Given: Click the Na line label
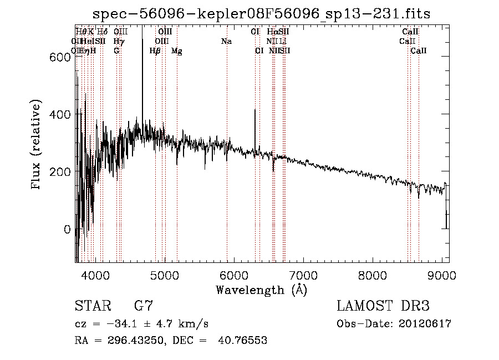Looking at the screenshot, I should (226, 42).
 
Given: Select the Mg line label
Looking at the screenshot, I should (176, 51).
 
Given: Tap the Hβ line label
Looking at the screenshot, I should (155, 51).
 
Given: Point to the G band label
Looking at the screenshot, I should (116, 51).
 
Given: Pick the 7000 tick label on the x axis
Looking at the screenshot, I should (303, 275).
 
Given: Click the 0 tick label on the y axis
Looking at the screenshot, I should (67, 229).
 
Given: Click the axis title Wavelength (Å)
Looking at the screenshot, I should (261, 289).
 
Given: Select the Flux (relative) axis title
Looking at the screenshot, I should (37, 145).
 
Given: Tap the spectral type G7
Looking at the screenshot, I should (143, 306).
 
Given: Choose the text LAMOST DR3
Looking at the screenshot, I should (383, 306).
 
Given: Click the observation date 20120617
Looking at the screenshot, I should (424, 324).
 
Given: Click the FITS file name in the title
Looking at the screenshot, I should (261, 14).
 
